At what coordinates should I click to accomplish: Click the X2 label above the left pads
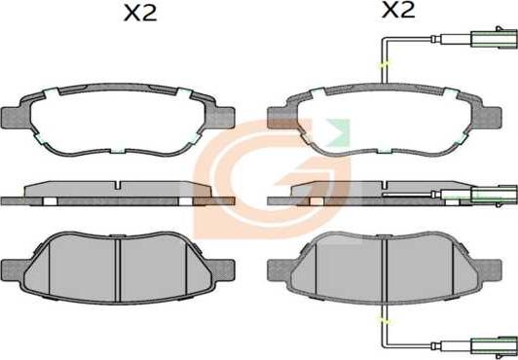point(140,15)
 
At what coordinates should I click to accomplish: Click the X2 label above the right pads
point(398,11)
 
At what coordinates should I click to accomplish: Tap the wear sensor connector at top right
point(494,39)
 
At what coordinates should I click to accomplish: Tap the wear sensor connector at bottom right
point(494,346)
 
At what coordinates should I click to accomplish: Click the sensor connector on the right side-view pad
point(494,195)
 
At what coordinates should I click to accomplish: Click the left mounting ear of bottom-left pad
point(13,270)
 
